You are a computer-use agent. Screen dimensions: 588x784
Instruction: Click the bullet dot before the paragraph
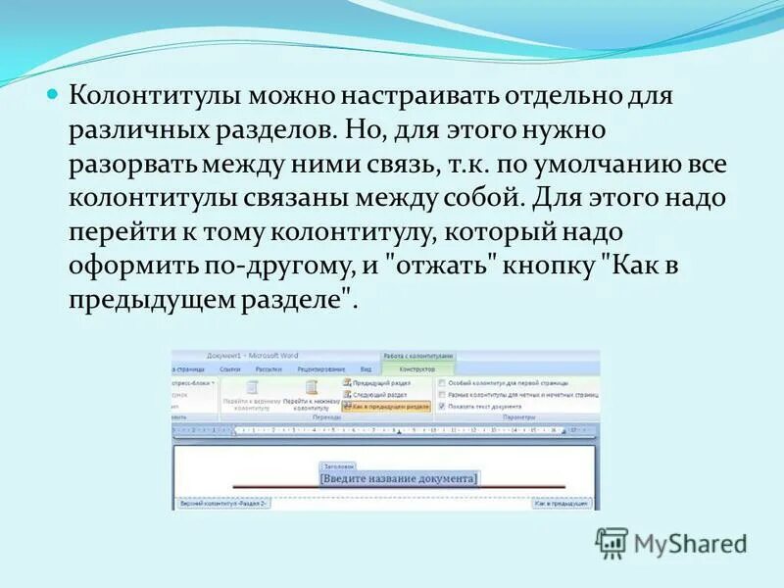55,97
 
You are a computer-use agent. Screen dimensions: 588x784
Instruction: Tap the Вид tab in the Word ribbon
365,369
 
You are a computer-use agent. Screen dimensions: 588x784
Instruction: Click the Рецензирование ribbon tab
317,369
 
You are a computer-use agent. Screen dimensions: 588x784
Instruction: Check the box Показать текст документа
442,405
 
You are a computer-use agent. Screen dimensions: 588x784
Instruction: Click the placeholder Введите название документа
399,478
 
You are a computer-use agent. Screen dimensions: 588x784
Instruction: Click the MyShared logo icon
612,542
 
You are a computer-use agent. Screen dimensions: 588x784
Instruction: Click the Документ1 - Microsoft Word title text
253,356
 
